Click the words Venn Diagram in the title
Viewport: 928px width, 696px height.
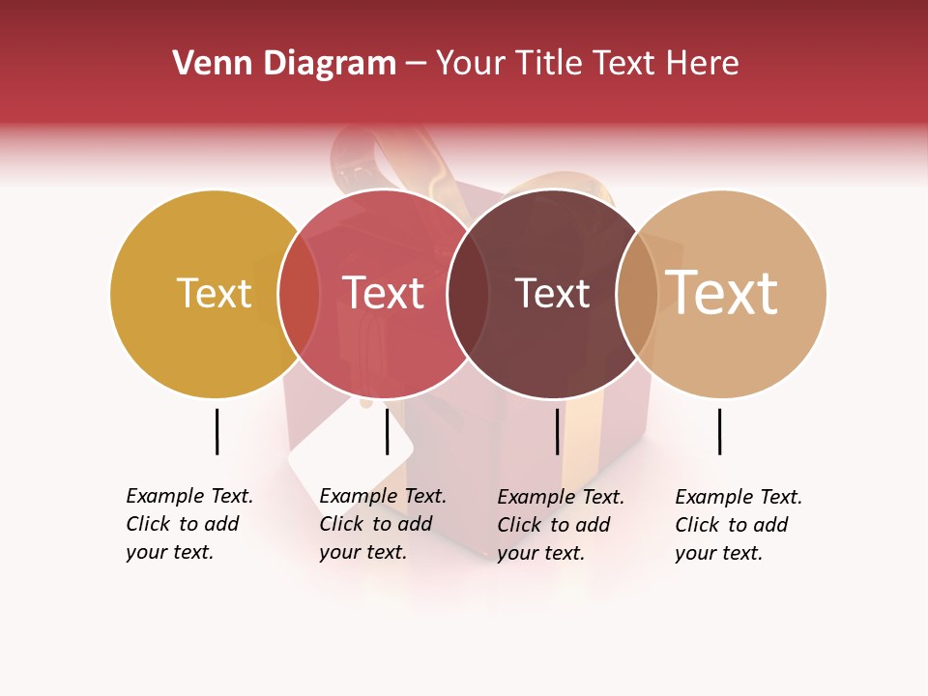(x=284, y=64)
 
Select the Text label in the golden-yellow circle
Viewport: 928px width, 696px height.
(x=214, y=293)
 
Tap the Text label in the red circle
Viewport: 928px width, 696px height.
(x=384, y=293)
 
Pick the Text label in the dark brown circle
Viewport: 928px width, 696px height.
(x=552, y=293)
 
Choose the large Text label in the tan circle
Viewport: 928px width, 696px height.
(x=721, y=293)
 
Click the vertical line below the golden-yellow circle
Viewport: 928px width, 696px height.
(x=217, y=431)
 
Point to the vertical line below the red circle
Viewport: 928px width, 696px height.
(x=387, y=431)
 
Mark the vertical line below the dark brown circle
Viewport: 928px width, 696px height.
(x=557, y=431)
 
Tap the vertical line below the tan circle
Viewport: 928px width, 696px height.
(x=719, y=431)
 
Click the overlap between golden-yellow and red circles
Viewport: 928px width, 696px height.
(x=300, y=293)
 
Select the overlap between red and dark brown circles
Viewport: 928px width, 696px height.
(x=469, y=293)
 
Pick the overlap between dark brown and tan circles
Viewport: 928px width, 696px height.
(x=637, y=293)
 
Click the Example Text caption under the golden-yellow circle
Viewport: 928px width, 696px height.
(x=188, y=524)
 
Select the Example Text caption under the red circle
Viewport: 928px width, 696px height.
(x=382, y=524)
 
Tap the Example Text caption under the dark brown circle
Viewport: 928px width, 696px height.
(x=560, y=525)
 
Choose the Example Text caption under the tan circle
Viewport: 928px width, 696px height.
(x=738, y=525)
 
